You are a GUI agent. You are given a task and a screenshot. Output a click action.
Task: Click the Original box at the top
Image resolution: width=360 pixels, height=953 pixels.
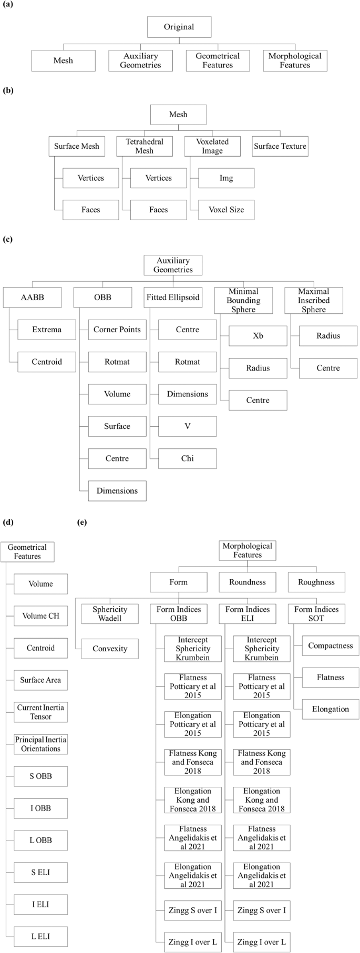[x=179, y=27]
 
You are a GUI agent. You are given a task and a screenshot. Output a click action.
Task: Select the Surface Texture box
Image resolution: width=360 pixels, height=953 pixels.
[x=280, y=146]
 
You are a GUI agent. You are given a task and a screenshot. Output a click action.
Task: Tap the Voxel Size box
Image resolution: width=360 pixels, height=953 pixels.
[x=226, y=210]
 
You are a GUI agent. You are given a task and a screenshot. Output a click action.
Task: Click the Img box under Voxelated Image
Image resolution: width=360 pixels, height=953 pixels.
[x=226, y=178]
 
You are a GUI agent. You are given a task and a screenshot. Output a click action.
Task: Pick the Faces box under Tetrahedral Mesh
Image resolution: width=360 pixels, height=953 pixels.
[x=158, y=210]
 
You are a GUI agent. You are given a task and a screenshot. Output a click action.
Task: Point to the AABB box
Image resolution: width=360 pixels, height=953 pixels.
[x=32, y=298]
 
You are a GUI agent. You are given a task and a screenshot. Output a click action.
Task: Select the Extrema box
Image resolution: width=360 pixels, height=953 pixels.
[x=47, y=330]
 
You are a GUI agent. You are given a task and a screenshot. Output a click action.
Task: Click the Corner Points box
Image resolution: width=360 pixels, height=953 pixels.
[x=117, y=330]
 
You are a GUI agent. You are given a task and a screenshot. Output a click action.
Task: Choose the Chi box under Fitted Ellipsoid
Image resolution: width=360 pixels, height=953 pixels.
[x=188, y=458]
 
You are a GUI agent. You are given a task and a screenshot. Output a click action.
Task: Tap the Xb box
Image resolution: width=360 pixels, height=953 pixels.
[x=258, y=336]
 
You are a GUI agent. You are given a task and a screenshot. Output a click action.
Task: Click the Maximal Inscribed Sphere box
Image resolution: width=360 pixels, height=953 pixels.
[x=314, y=301]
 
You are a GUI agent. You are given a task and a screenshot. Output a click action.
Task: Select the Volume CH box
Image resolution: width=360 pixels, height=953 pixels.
[x=40, y=616]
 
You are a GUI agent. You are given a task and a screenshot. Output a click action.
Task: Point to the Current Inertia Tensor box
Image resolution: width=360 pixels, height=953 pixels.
[x=40, y=712]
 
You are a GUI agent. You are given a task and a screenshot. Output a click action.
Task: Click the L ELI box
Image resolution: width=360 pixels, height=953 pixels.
[x=40, y=936]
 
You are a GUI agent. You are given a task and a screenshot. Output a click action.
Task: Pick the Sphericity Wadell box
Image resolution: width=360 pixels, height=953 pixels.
[x=110, y=614]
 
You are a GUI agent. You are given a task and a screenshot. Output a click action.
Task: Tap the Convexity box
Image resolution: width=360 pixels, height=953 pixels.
[x=110, y=649]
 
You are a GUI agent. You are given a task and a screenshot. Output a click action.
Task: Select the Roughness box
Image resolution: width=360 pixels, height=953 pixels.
[x=316, y=582]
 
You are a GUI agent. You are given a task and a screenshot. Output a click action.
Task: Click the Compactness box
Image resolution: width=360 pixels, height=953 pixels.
[x=331, y=645]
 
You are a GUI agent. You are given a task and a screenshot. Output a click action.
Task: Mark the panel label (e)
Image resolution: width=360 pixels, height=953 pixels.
[x=82, y=522]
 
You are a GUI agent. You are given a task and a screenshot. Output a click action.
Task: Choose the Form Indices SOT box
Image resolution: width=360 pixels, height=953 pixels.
[x=316, y=614]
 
